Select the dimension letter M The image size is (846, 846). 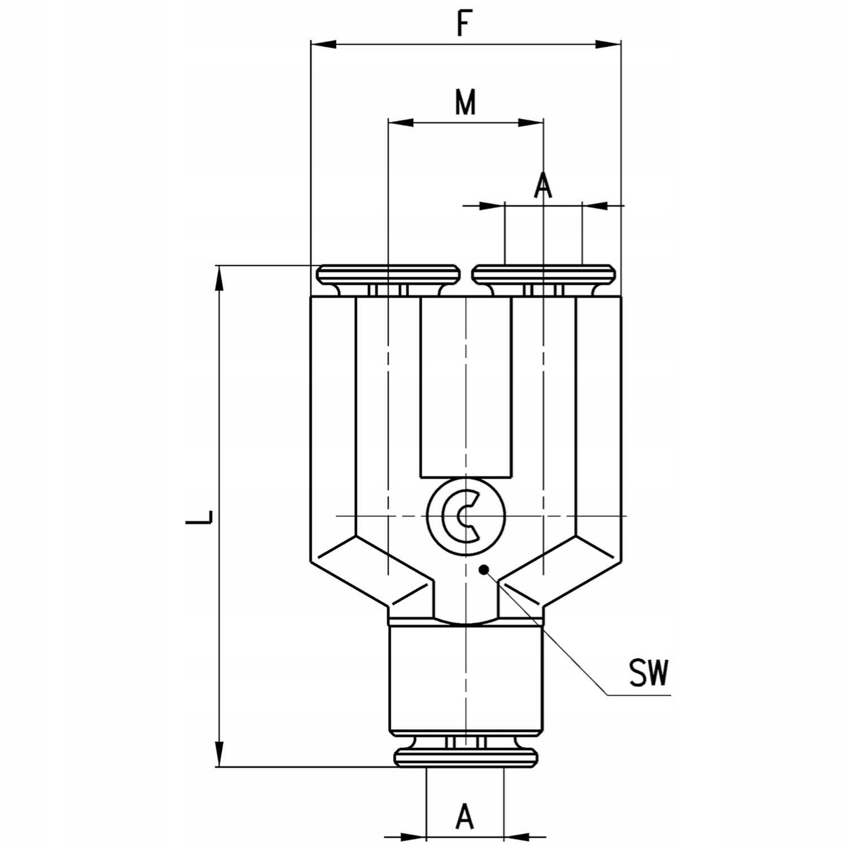pos(465,102)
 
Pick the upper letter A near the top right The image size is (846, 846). pos(543,185)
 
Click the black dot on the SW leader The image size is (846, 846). pos(484,570)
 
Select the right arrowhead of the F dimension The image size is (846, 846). pos(608,44)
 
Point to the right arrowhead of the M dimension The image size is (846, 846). pos(531,122)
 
